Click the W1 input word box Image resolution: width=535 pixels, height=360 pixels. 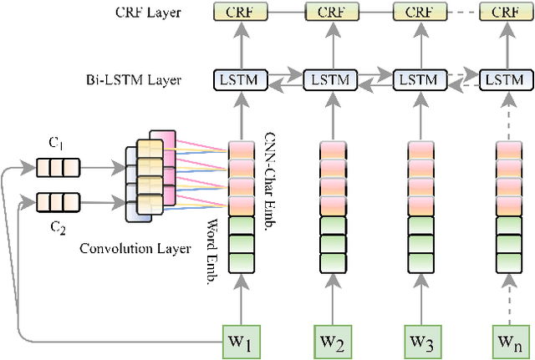[x=241, y=342]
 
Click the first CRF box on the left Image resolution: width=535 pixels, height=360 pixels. [x=241, y=13]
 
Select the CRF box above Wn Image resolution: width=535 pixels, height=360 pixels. [x=504, y=13]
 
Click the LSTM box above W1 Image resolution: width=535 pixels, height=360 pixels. [x=241, y=80]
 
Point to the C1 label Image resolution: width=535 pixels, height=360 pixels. [x=56, y=143]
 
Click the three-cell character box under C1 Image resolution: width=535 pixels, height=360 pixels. [x=56, y=167]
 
